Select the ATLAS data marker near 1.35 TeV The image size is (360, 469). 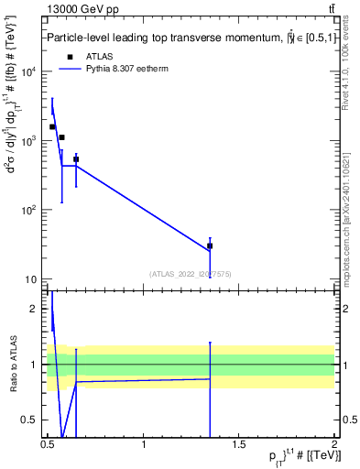[x=210, y=245]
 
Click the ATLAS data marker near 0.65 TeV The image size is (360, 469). [x=76, y=159]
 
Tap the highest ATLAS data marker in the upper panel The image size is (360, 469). [x=52, y=126]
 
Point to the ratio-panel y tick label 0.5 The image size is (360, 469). [x=33, y=420]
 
